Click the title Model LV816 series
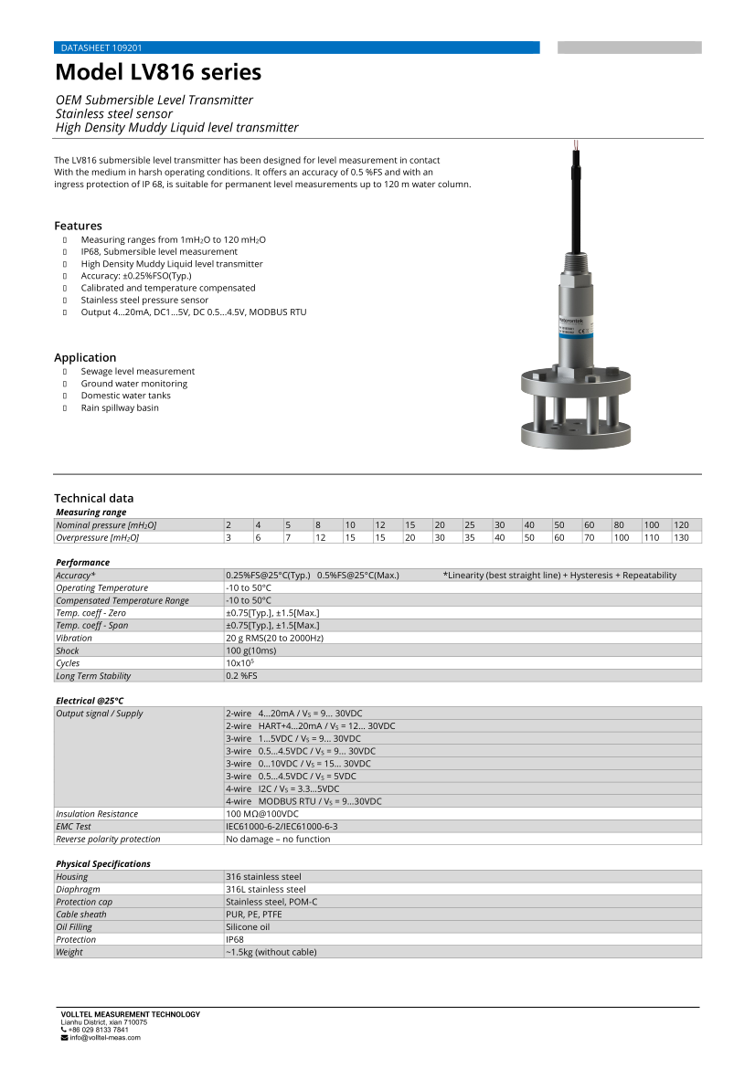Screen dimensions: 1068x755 click(x=158, y=72)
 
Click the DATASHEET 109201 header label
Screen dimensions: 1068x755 click(x=101, y=48)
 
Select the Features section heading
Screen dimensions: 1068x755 click(x=78, y=226)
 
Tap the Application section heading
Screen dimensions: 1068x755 click(x=85, y=357)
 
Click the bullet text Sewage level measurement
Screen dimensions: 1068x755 click(x=137, y=371)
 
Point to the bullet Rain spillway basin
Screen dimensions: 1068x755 click(x=119, y=407)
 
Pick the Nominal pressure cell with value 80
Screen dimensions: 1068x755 click(x=619, y=525)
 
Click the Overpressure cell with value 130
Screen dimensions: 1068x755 click(x=681, y=538)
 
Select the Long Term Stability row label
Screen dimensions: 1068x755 click(x=93, y=676)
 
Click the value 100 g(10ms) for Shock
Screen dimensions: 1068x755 click(x=252, y=650)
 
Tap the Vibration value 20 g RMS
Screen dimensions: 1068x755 click(x=274, y=638)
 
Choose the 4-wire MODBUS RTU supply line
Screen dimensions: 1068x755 click(x=303, y=801)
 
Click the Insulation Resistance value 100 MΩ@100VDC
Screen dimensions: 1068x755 click(x=262, y=814)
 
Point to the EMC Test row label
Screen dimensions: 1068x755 click(x=73, y=827)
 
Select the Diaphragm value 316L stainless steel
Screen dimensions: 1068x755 click(x=265, y=889)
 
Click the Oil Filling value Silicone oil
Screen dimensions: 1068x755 click(x=248, y=926)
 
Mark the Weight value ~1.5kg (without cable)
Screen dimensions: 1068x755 click(x=271, y=952)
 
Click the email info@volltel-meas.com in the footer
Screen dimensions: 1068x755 click(x=105, y=1038)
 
